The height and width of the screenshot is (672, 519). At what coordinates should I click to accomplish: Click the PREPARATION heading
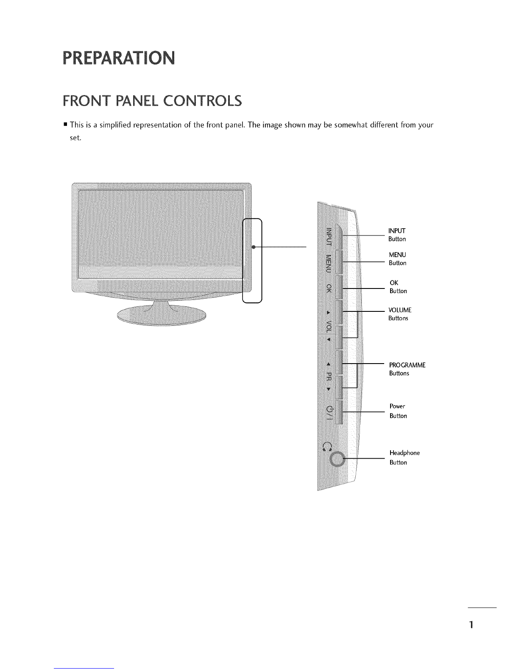(x=119, y=58)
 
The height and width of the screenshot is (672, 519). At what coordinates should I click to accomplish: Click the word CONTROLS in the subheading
(x=202, y=101)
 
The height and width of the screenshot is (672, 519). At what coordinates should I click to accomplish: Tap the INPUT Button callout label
(x=397, y=235)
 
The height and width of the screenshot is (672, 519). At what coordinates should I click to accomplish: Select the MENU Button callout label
(x=398, y=259)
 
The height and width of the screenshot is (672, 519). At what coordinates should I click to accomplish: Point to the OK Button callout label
(x=398, y=287)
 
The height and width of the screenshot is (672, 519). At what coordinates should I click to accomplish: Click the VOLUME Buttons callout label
(x=400, y=314)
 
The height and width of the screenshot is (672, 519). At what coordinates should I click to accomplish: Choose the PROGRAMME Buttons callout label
(x=407, y=369)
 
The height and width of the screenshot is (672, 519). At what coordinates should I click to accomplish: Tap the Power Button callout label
(x=398, y=411)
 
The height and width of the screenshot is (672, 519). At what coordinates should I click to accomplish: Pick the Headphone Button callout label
(x=405, y=457)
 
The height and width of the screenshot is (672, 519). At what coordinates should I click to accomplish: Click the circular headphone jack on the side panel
(x=337, y=459)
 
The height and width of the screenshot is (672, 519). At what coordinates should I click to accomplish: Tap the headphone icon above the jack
(x=327, y=446)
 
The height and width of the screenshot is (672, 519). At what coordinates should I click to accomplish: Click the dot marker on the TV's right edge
(x=253, y=247)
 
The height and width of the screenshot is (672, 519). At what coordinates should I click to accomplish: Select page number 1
(x=471, y=624)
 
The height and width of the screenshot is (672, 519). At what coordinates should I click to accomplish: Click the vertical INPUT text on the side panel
(x=329, y=237)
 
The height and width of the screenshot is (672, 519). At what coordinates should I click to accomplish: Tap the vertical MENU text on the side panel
(x=329, y=264)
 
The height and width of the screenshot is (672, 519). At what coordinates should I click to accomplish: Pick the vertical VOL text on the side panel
(x=329, y=326)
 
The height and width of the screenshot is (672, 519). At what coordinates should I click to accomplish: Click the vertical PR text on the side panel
(x=329, y=376)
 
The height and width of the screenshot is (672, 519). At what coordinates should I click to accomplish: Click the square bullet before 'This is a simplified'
(x=65, y=125)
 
